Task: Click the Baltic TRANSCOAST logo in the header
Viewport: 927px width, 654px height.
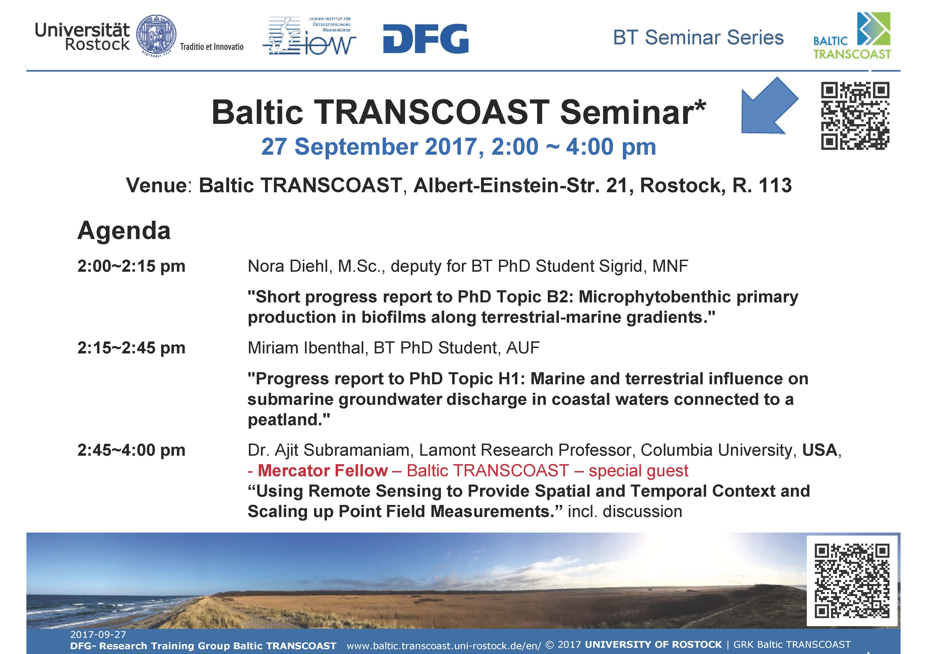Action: [852, 36]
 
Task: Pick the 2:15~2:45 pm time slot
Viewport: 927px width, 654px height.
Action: [131, 348]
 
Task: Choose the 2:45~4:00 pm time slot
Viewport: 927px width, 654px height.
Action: [131, 450]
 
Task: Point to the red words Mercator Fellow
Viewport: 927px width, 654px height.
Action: [323, 471]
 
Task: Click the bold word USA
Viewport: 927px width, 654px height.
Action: [820, 450]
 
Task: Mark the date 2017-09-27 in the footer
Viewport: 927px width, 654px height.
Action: [98, 635]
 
